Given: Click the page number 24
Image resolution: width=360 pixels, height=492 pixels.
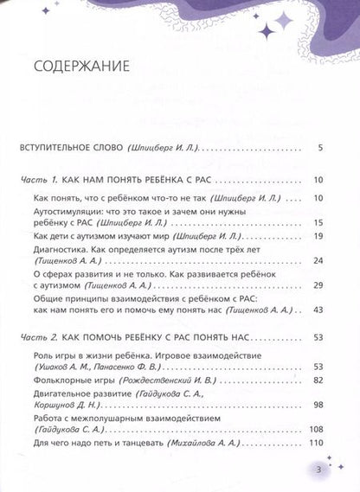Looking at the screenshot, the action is pos(318,259).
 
